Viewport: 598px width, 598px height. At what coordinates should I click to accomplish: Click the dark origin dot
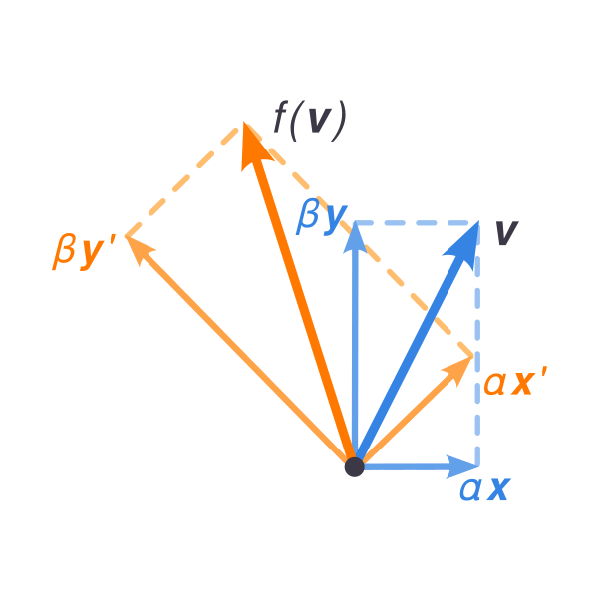[x=354, y=466]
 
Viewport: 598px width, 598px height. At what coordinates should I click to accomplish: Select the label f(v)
[x=310, y=121]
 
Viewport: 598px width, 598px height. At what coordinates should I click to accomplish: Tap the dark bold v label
[x=507, y=233]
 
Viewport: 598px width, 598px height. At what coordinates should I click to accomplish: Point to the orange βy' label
[x=84, y=252]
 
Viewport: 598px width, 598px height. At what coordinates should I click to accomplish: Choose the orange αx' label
[x=515, y=381]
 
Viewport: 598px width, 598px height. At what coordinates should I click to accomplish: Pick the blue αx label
[x=485, y=489]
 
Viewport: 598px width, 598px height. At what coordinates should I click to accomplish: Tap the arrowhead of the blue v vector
[x=463, y=244]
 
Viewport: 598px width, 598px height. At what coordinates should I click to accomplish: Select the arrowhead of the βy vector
[x=355, y=236]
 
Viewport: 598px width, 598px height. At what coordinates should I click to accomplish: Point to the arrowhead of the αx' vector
[x=457, y=370]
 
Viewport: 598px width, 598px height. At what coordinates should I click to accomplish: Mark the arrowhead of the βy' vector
[x=139, y=250]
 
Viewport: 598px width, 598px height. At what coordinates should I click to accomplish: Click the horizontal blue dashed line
[x=417, y=222]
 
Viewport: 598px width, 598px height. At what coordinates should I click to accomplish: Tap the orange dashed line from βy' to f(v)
[x=182, y=182]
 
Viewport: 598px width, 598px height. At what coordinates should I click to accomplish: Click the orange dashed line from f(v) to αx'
[x=359, y=240]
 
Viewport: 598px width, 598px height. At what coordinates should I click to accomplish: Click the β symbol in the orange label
[x=64, y=252]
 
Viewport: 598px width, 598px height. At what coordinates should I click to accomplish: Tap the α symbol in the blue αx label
[x=470, y=489]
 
